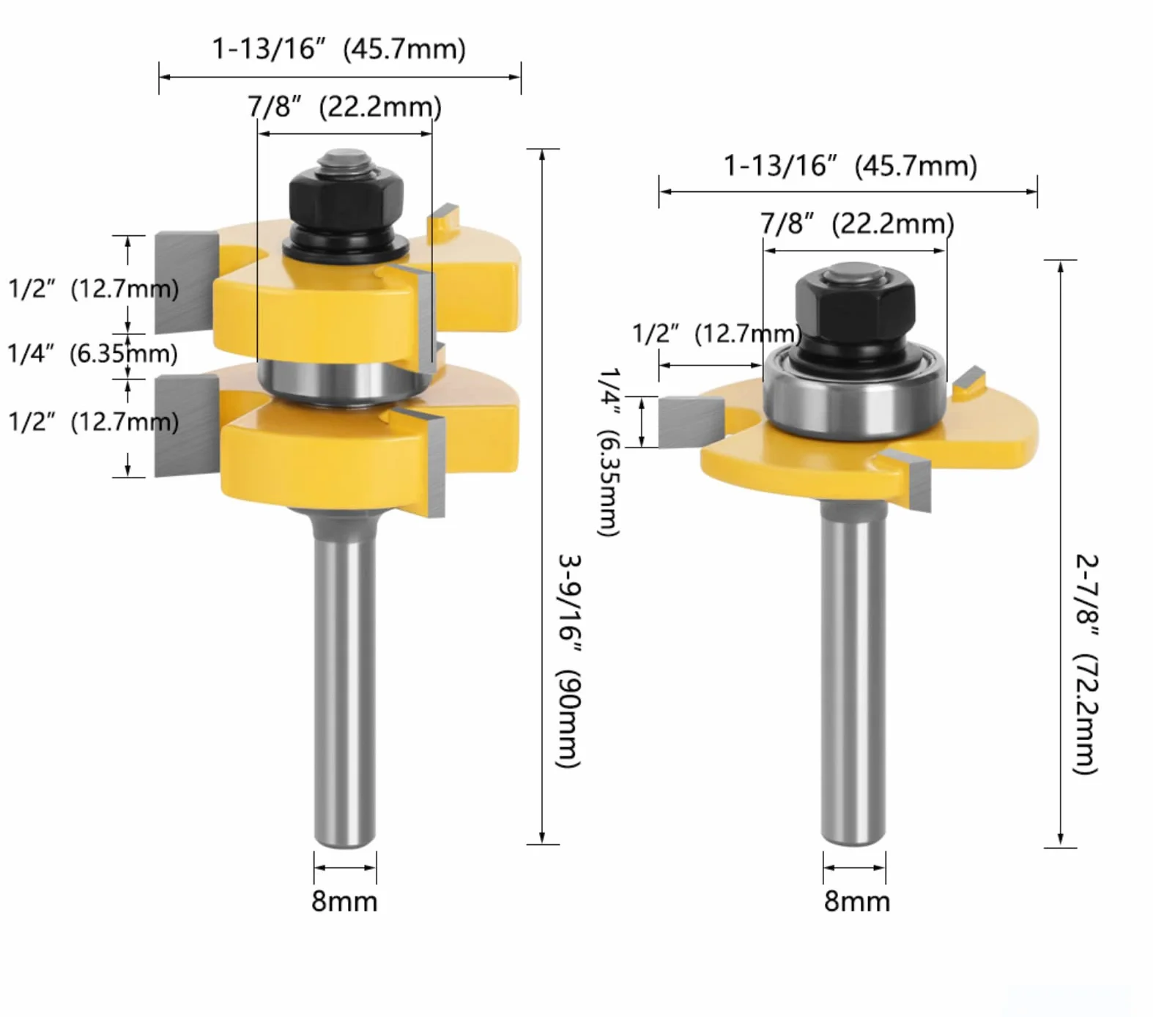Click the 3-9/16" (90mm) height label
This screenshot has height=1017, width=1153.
click(x=569, y=661)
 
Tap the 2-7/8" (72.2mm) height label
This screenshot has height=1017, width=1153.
click(x=1086, y=664)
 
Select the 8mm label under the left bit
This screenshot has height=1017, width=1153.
click(x=344, y=901)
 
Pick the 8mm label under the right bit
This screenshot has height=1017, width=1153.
click(x=857, y=901)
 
